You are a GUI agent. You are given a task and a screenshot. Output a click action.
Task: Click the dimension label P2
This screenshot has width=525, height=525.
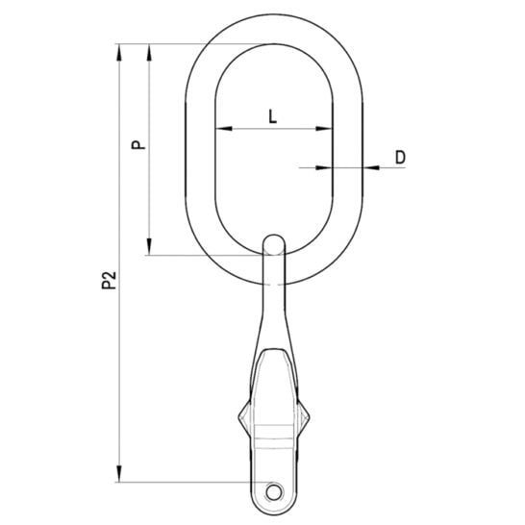tap(109, 280)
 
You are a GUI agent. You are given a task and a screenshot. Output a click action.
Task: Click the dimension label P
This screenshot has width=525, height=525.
tap(138, 144)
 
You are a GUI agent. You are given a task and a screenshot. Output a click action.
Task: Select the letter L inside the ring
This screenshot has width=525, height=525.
tap(273, 117)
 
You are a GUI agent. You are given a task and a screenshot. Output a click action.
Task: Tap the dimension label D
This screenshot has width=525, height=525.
tap(400, 158)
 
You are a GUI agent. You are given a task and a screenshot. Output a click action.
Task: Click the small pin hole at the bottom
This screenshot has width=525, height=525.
tap(273, 492)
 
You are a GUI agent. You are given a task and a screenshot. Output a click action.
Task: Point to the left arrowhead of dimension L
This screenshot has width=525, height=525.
tap(224, 128)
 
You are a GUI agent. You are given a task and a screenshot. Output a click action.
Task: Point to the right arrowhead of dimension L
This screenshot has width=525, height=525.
tap(324, 128)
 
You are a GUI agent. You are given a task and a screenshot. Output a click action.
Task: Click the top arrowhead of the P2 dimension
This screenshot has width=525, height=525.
tap(119, 52)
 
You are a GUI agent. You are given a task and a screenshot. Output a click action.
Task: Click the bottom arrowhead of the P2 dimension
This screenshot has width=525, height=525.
tap(119, 473)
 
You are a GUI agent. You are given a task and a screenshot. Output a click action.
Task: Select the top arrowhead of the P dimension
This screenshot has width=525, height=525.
tap(149, 52)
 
